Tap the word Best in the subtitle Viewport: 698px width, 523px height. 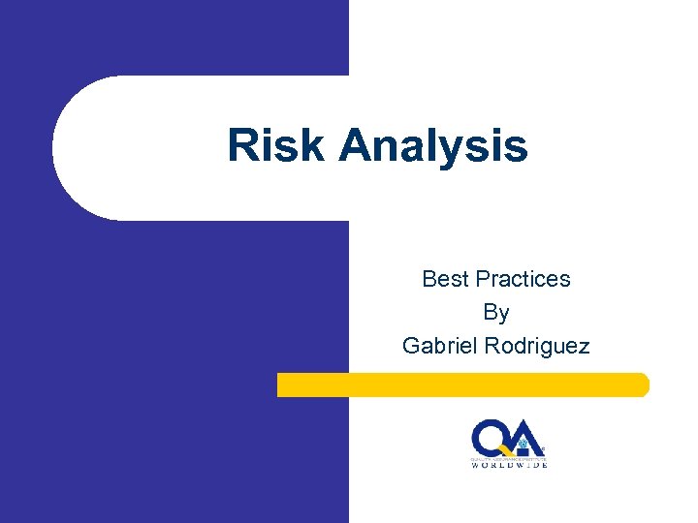[x=444, y=279]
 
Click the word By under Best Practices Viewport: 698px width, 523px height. [x=495, y=313]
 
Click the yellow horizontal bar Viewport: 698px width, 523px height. [x=462, y=385]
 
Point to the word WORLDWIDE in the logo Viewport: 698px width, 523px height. [x=510, y=465]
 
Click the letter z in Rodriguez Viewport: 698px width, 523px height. [x=582, y=347]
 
